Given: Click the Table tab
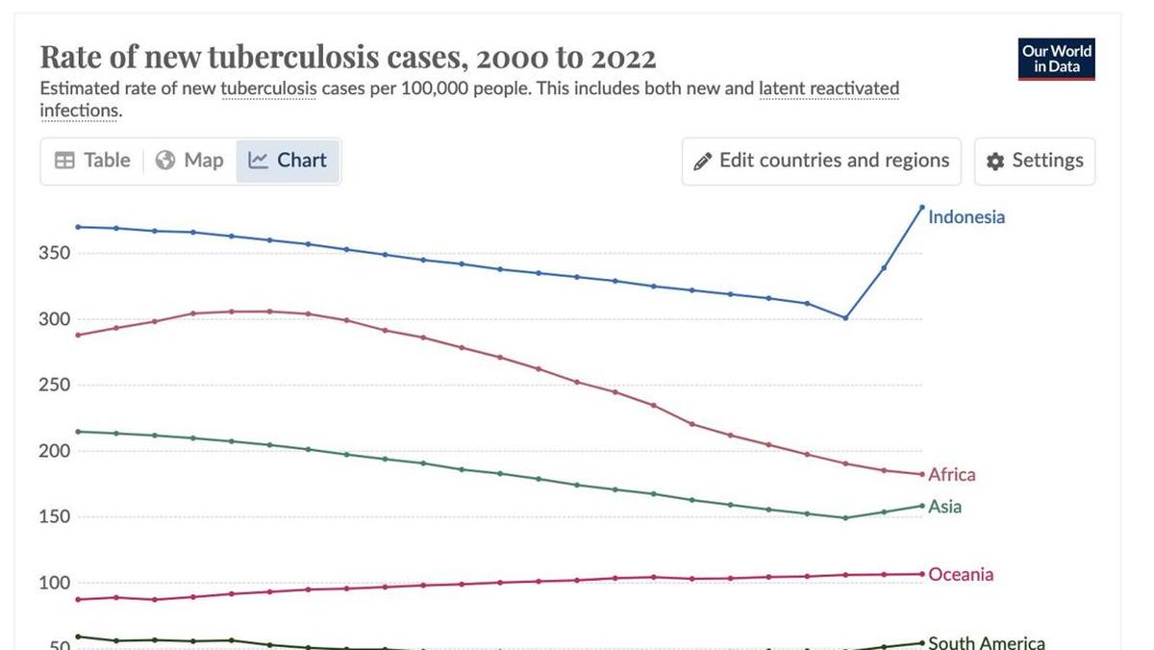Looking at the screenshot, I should pos(92,161).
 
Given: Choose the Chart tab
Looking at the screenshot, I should pos(288,161).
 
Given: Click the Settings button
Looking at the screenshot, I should pos(1035,161).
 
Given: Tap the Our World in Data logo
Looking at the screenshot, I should pos(1056,59).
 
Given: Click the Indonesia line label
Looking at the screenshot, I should pos(966,217).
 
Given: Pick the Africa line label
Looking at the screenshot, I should pos(951,475).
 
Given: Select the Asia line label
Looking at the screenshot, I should pos(944,507).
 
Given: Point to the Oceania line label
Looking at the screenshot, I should pos(960,575).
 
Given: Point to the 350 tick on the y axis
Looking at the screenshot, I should pos(54,254).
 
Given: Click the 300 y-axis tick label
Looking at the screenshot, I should pos(54,319).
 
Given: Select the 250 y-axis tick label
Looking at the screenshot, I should pos(54,386).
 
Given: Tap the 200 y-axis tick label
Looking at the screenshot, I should pos(54,451).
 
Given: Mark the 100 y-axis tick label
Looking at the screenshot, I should pos(54,583).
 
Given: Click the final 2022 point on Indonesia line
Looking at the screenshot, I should pos(921,207).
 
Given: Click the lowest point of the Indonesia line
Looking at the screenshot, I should pos(845,317).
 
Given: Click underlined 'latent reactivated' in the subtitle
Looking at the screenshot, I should pos(829,89).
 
